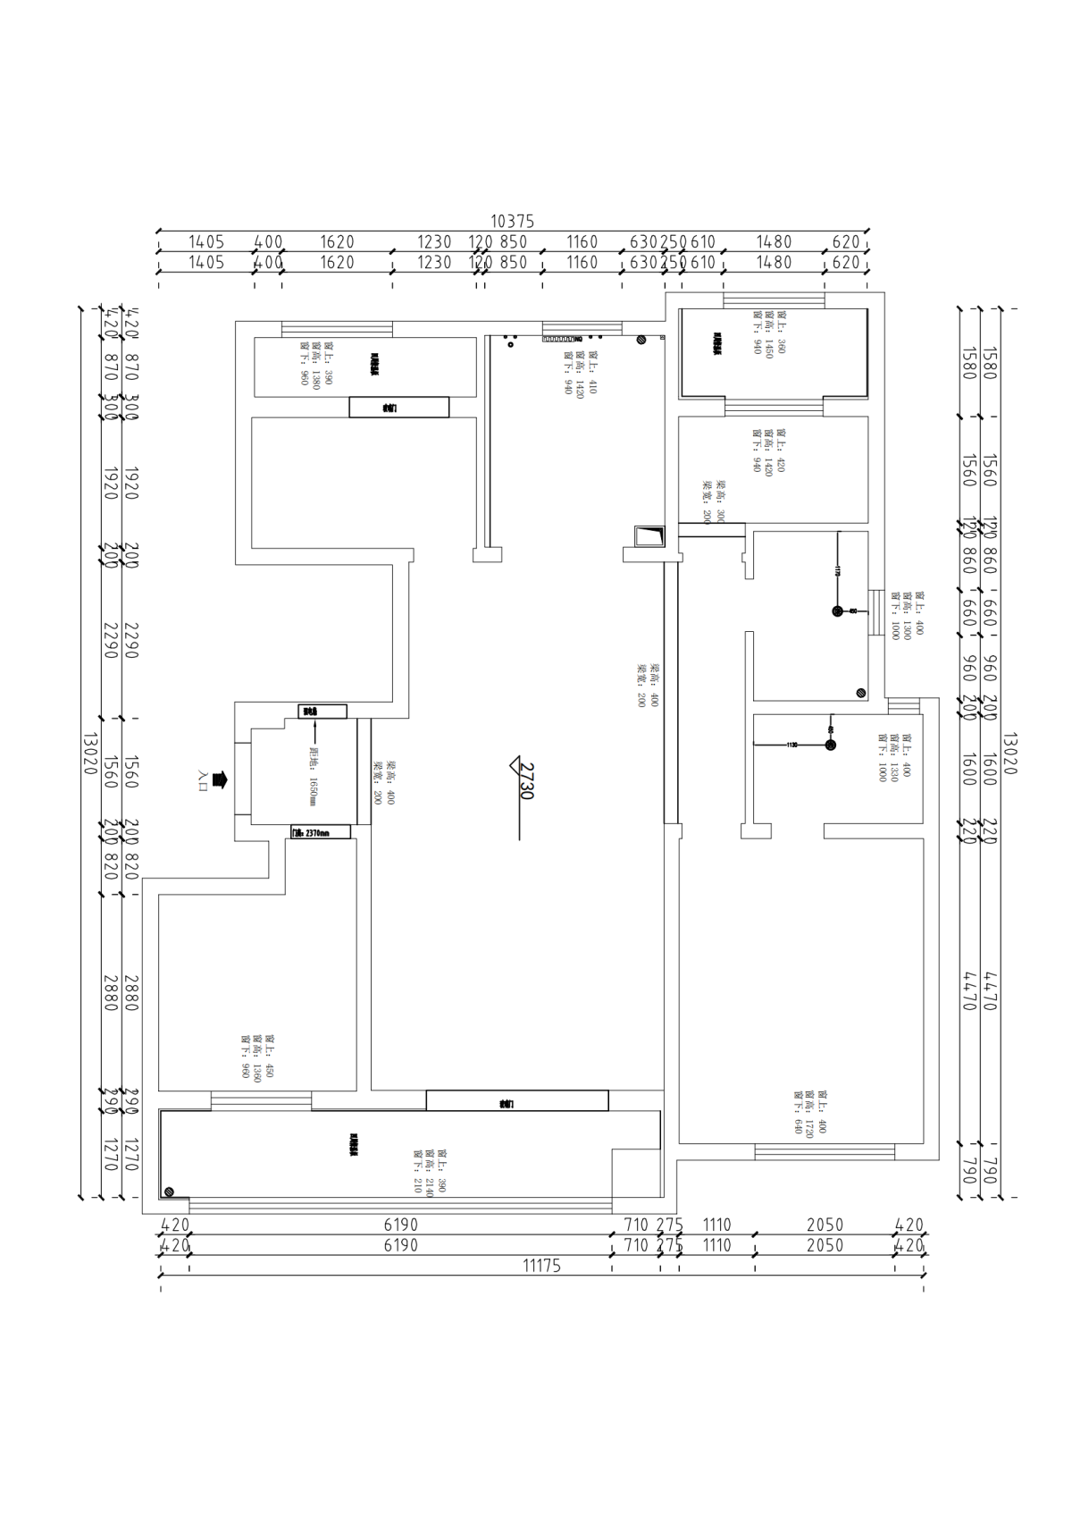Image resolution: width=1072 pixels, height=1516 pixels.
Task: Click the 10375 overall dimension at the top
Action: point(512,221)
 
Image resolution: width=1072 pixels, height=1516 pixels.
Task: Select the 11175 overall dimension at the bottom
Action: point(542,1266)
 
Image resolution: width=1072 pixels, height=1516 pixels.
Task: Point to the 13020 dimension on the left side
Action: point(88,754)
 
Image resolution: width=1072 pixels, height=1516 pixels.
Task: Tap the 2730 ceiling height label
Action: point(525,780)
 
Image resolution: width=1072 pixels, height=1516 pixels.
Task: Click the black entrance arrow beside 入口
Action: point(221,779)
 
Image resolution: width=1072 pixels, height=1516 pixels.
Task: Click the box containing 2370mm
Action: point(321,832)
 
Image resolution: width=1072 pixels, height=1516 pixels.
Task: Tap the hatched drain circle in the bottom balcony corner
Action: point(169,1192)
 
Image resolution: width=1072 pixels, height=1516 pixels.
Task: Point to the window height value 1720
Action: point(809,1112)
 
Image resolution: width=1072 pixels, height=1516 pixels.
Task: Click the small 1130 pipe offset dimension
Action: point(791,745)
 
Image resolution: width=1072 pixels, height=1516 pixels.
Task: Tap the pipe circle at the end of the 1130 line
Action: point(830,745)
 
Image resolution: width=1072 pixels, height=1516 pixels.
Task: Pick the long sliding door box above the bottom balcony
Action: point(516,1100)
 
